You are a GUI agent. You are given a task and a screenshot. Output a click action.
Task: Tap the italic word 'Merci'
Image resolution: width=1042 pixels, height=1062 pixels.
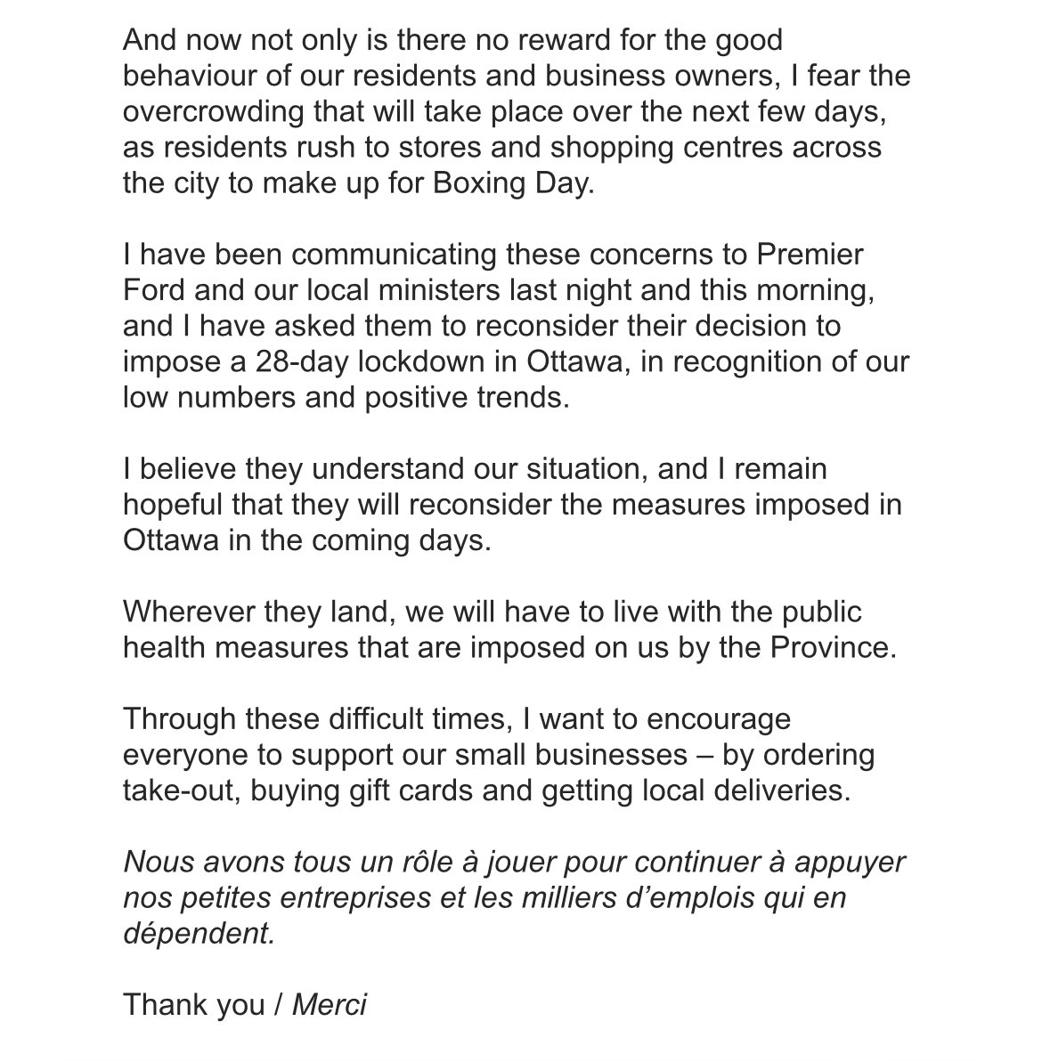(x=330, y=1006)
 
